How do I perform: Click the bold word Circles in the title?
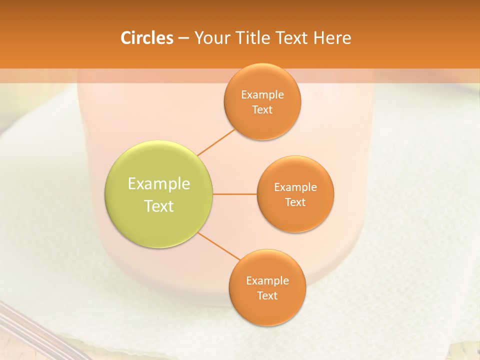(x=147, y=38)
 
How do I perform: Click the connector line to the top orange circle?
(x=216, y=142)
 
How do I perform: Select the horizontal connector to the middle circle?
(x=235, y=194)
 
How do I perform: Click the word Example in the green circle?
(x=159, y=184)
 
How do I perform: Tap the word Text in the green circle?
(x=159, y=206)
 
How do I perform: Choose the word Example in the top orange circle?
(x=262, y=95)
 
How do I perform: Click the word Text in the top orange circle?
(x=262, y=110)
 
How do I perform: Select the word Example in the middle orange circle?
(x=295, y=187)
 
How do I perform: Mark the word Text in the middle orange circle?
(x=295, y=202)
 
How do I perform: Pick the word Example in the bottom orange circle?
(x=267, y=281)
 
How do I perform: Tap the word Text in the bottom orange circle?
(x=267, y=296)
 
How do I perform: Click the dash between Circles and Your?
(x=183, y=38)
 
